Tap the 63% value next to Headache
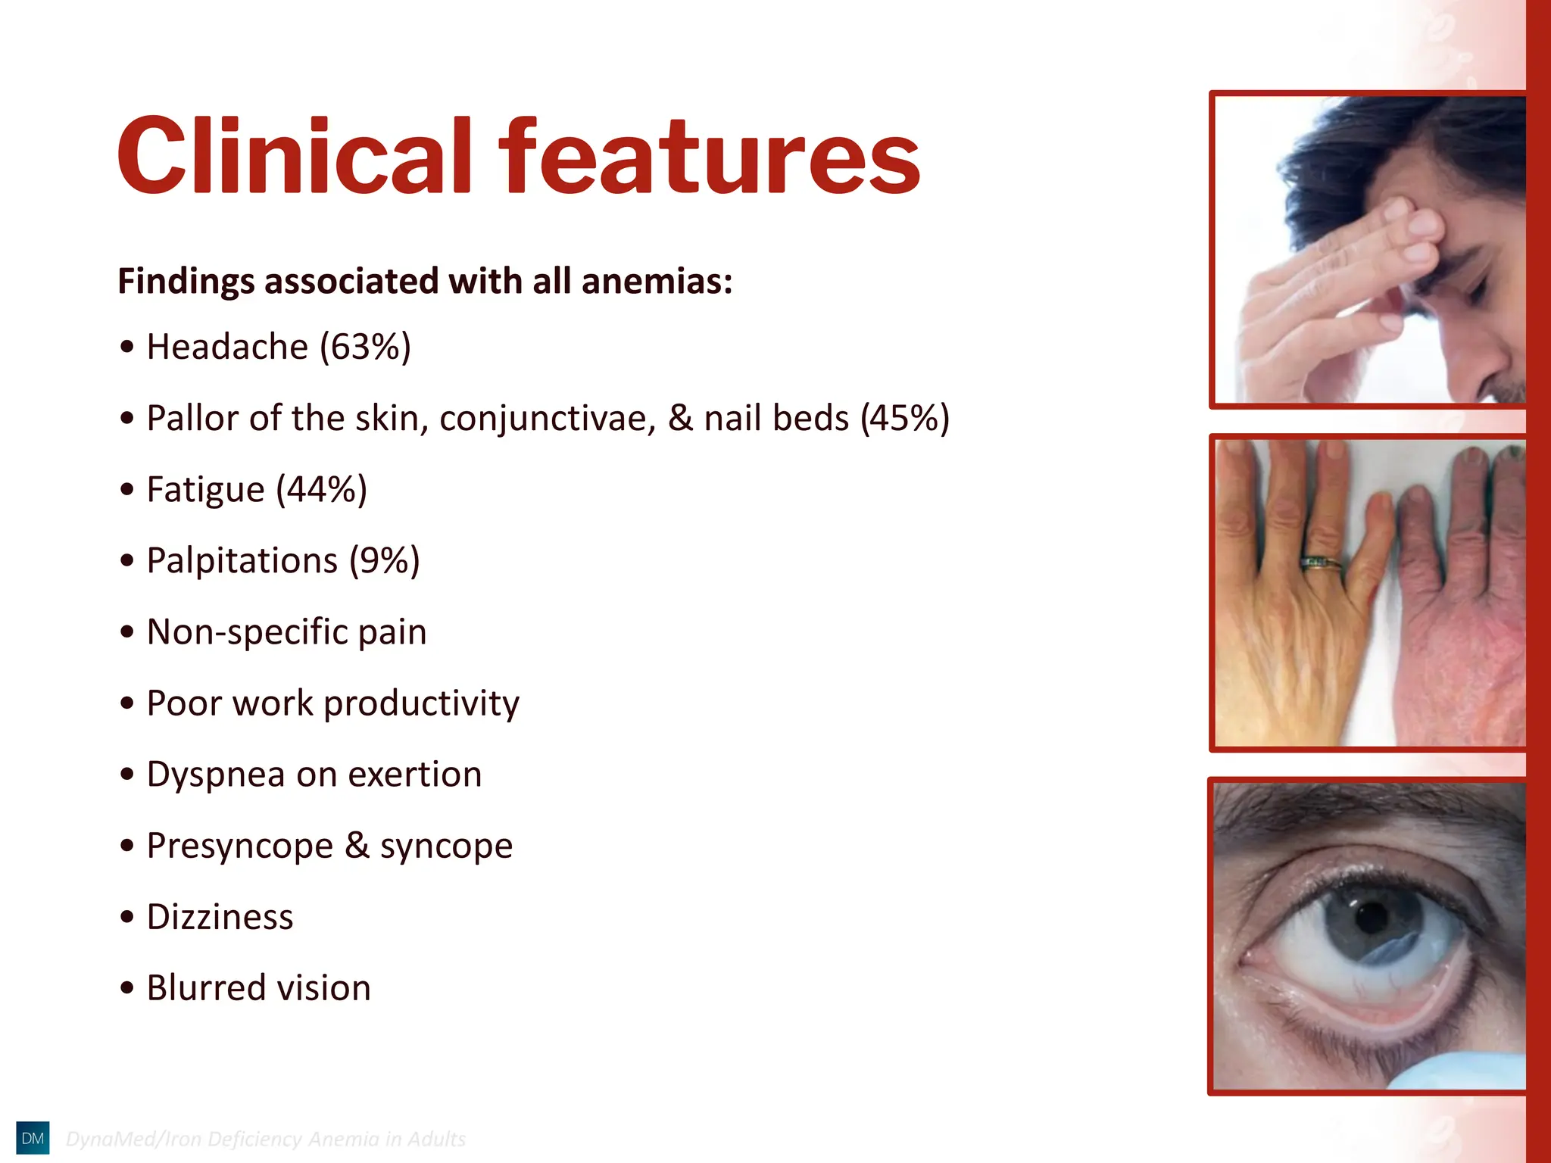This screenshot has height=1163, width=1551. (x=365, y=348)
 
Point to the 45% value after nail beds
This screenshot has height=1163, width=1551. (x=904, y=418)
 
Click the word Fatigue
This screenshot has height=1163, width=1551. (x=205, y=490)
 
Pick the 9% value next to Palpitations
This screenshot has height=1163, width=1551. (x=384, y=561)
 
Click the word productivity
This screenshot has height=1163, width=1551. (x=421, y=703)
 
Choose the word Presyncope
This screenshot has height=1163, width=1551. (x=239, y=846)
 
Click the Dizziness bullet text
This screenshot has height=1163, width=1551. (x=220, y=917)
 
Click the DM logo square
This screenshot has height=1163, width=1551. (x=33, y=1138)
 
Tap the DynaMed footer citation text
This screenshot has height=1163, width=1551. (x=266, y=1139)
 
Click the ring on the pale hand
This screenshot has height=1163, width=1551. (x=1321, y=563)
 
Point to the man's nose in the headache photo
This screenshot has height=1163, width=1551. (x=1481, y=363)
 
